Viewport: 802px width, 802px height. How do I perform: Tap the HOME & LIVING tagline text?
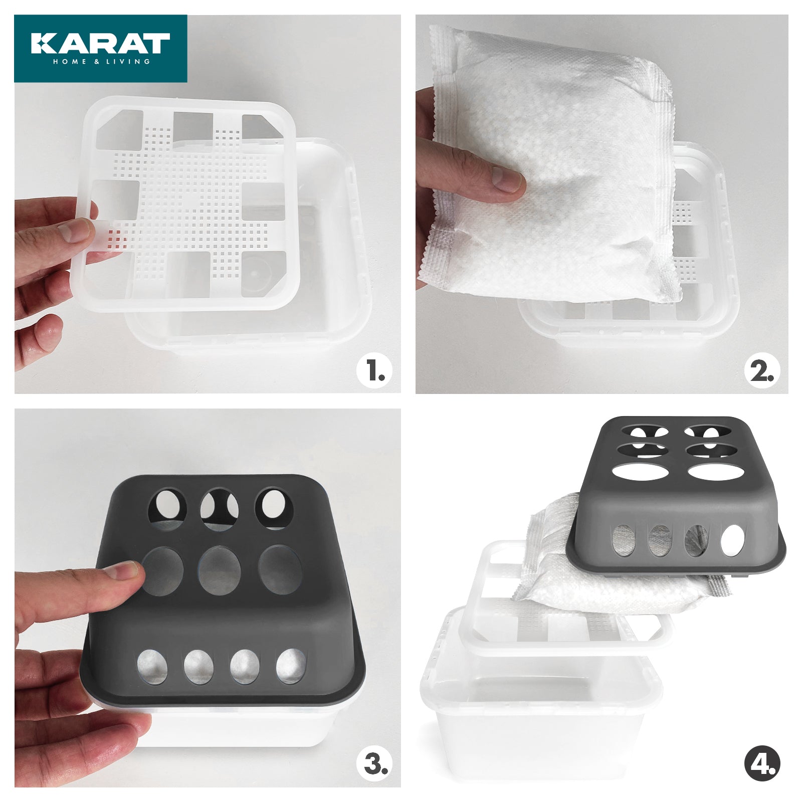tap(102, 62)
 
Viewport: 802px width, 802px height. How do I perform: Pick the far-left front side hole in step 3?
tap(152, 666)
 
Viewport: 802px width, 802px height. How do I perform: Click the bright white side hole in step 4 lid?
tap(733, 540)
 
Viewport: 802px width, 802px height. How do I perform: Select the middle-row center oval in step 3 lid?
tap(220, 570)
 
